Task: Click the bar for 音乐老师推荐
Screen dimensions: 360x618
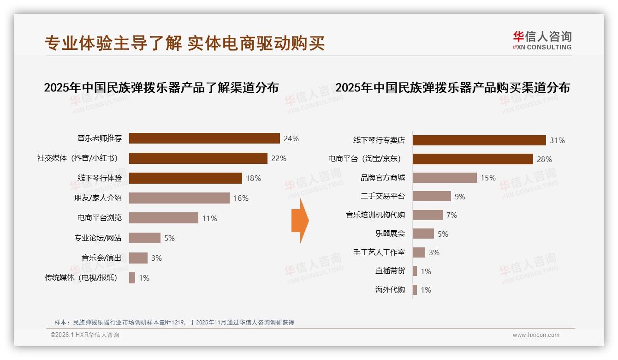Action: click(x=204, y=138)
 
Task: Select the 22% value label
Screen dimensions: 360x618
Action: click(x=279, y=158)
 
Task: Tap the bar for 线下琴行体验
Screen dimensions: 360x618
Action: click(x=185, y=178)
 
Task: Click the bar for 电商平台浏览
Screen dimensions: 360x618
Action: click(x=164, y=218)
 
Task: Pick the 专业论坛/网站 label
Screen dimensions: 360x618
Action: click(x=98, y=238)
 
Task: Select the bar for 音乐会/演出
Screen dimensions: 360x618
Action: click(x=138, y=258)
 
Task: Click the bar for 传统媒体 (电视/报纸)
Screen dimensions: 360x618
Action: click(x=132, y=278)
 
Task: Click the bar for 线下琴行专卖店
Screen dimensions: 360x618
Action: click(x=479, y=140)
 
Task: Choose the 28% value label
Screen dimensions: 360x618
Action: click(x=544, y=159)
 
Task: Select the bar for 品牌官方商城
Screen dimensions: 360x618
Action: click(x=445, y=178)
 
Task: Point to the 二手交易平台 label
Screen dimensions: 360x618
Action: click(x=383, y=197)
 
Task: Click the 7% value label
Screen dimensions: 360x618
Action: click(x=452, y=215)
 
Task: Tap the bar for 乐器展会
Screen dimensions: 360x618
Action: click(x=423, y=234)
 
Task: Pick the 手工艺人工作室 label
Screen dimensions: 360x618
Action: click(x=379, y=252)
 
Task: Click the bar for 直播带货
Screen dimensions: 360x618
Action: click(x=415, y=271)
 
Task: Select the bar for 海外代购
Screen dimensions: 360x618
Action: click(x=415, y=290)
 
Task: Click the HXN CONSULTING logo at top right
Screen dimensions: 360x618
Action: click(x=542, y=41)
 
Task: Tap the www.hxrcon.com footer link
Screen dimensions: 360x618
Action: click(x=536, y=335)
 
